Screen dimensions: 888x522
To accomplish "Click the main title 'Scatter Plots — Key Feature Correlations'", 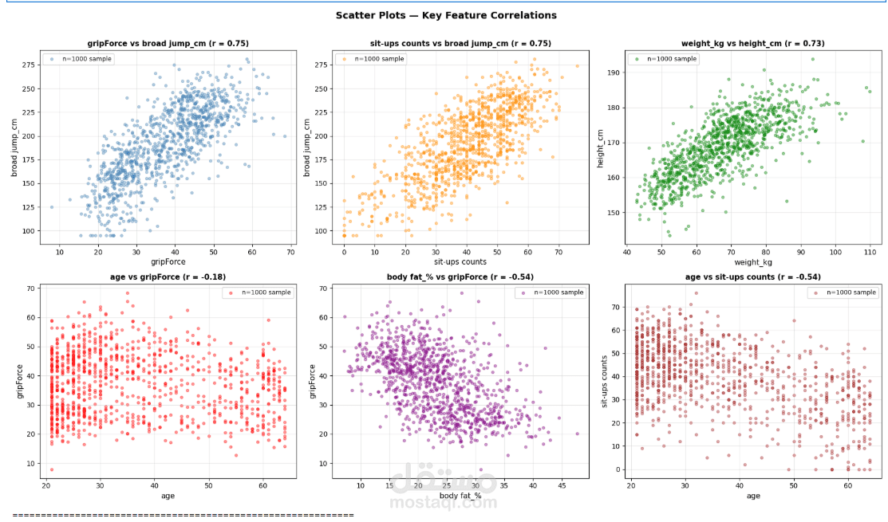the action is click(446, 15).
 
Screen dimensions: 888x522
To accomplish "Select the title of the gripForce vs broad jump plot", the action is click(168, 44).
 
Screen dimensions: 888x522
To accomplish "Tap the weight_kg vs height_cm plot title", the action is click(752, 44).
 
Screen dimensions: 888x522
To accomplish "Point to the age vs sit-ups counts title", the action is click(752, 277).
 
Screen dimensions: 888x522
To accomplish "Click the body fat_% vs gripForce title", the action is click(460, 277).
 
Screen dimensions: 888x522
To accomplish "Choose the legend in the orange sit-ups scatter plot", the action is click(371, 59).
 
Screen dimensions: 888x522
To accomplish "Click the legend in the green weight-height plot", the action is click(663, 59).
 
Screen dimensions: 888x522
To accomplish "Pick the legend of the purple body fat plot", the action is click(550, 292).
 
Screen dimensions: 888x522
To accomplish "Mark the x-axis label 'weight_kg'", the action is click(752, 262).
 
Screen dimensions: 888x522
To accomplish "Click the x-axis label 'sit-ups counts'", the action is click(460, 262).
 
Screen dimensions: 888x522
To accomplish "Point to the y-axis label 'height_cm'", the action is click(600, 148).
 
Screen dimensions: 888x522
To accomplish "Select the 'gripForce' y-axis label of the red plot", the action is click(21, 381).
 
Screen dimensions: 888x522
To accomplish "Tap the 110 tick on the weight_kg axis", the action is click(870, 253).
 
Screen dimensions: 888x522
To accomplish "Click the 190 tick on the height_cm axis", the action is click(614, 73).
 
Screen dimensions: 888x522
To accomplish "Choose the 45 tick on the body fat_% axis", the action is click(561, 486).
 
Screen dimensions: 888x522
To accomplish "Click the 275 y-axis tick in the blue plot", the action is click(28, 65).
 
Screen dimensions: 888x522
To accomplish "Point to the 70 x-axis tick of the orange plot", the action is click(558, 253).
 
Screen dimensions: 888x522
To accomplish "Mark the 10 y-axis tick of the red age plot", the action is click(30, 464).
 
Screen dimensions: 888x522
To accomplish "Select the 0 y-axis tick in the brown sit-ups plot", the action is click(618, 470).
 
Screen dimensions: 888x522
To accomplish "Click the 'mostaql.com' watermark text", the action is click(444, 503).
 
